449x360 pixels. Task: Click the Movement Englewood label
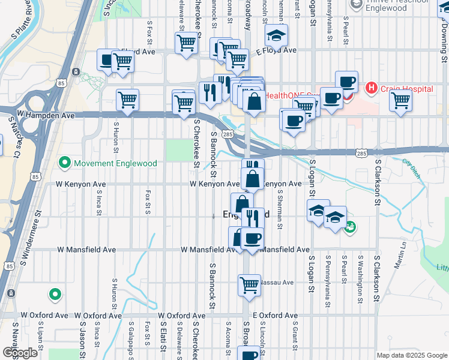tap(114, 163)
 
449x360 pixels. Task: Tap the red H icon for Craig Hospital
tap(372, 89)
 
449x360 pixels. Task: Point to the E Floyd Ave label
tap(277, 52)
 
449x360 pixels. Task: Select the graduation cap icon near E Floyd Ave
tap(276, 36)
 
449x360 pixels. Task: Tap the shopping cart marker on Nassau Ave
tap(249, 284)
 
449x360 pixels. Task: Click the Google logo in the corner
tap(20, 353)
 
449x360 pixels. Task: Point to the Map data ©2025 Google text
tap(411, 355)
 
